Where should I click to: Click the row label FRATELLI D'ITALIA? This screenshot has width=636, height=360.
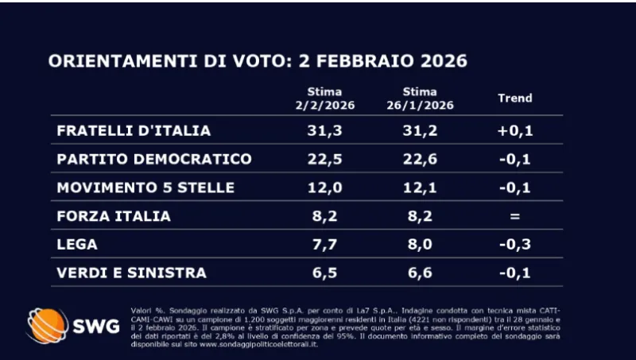pos(134,130)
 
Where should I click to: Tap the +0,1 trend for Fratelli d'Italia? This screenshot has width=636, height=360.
pos(514,130)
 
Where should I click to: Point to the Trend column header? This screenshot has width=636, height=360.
pos(514,99)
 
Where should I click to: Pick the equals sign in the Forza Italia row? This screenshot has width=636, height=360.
pos(514,215)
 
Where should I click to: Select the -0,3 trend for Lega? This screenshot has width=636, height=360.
pos(514,244)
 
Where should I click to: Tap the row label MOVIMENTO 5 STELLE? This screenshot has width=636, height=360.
pos(145,188)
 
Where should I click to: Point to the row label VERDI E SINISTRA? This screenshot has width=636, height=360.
pos(131,273)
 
